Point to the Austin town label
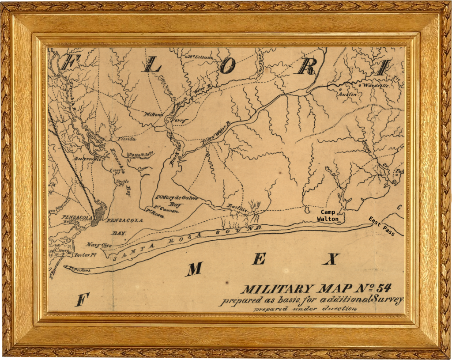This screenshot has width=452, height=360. click(347, 94)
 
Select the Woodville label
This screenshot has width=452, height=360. click(375, 85)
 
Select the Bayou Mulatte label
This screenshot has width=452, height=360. click(141, 154)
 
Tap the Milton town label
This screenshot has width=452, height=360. click(154, 114)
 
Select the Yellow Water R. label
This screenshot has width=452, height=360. click(216, 135)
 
